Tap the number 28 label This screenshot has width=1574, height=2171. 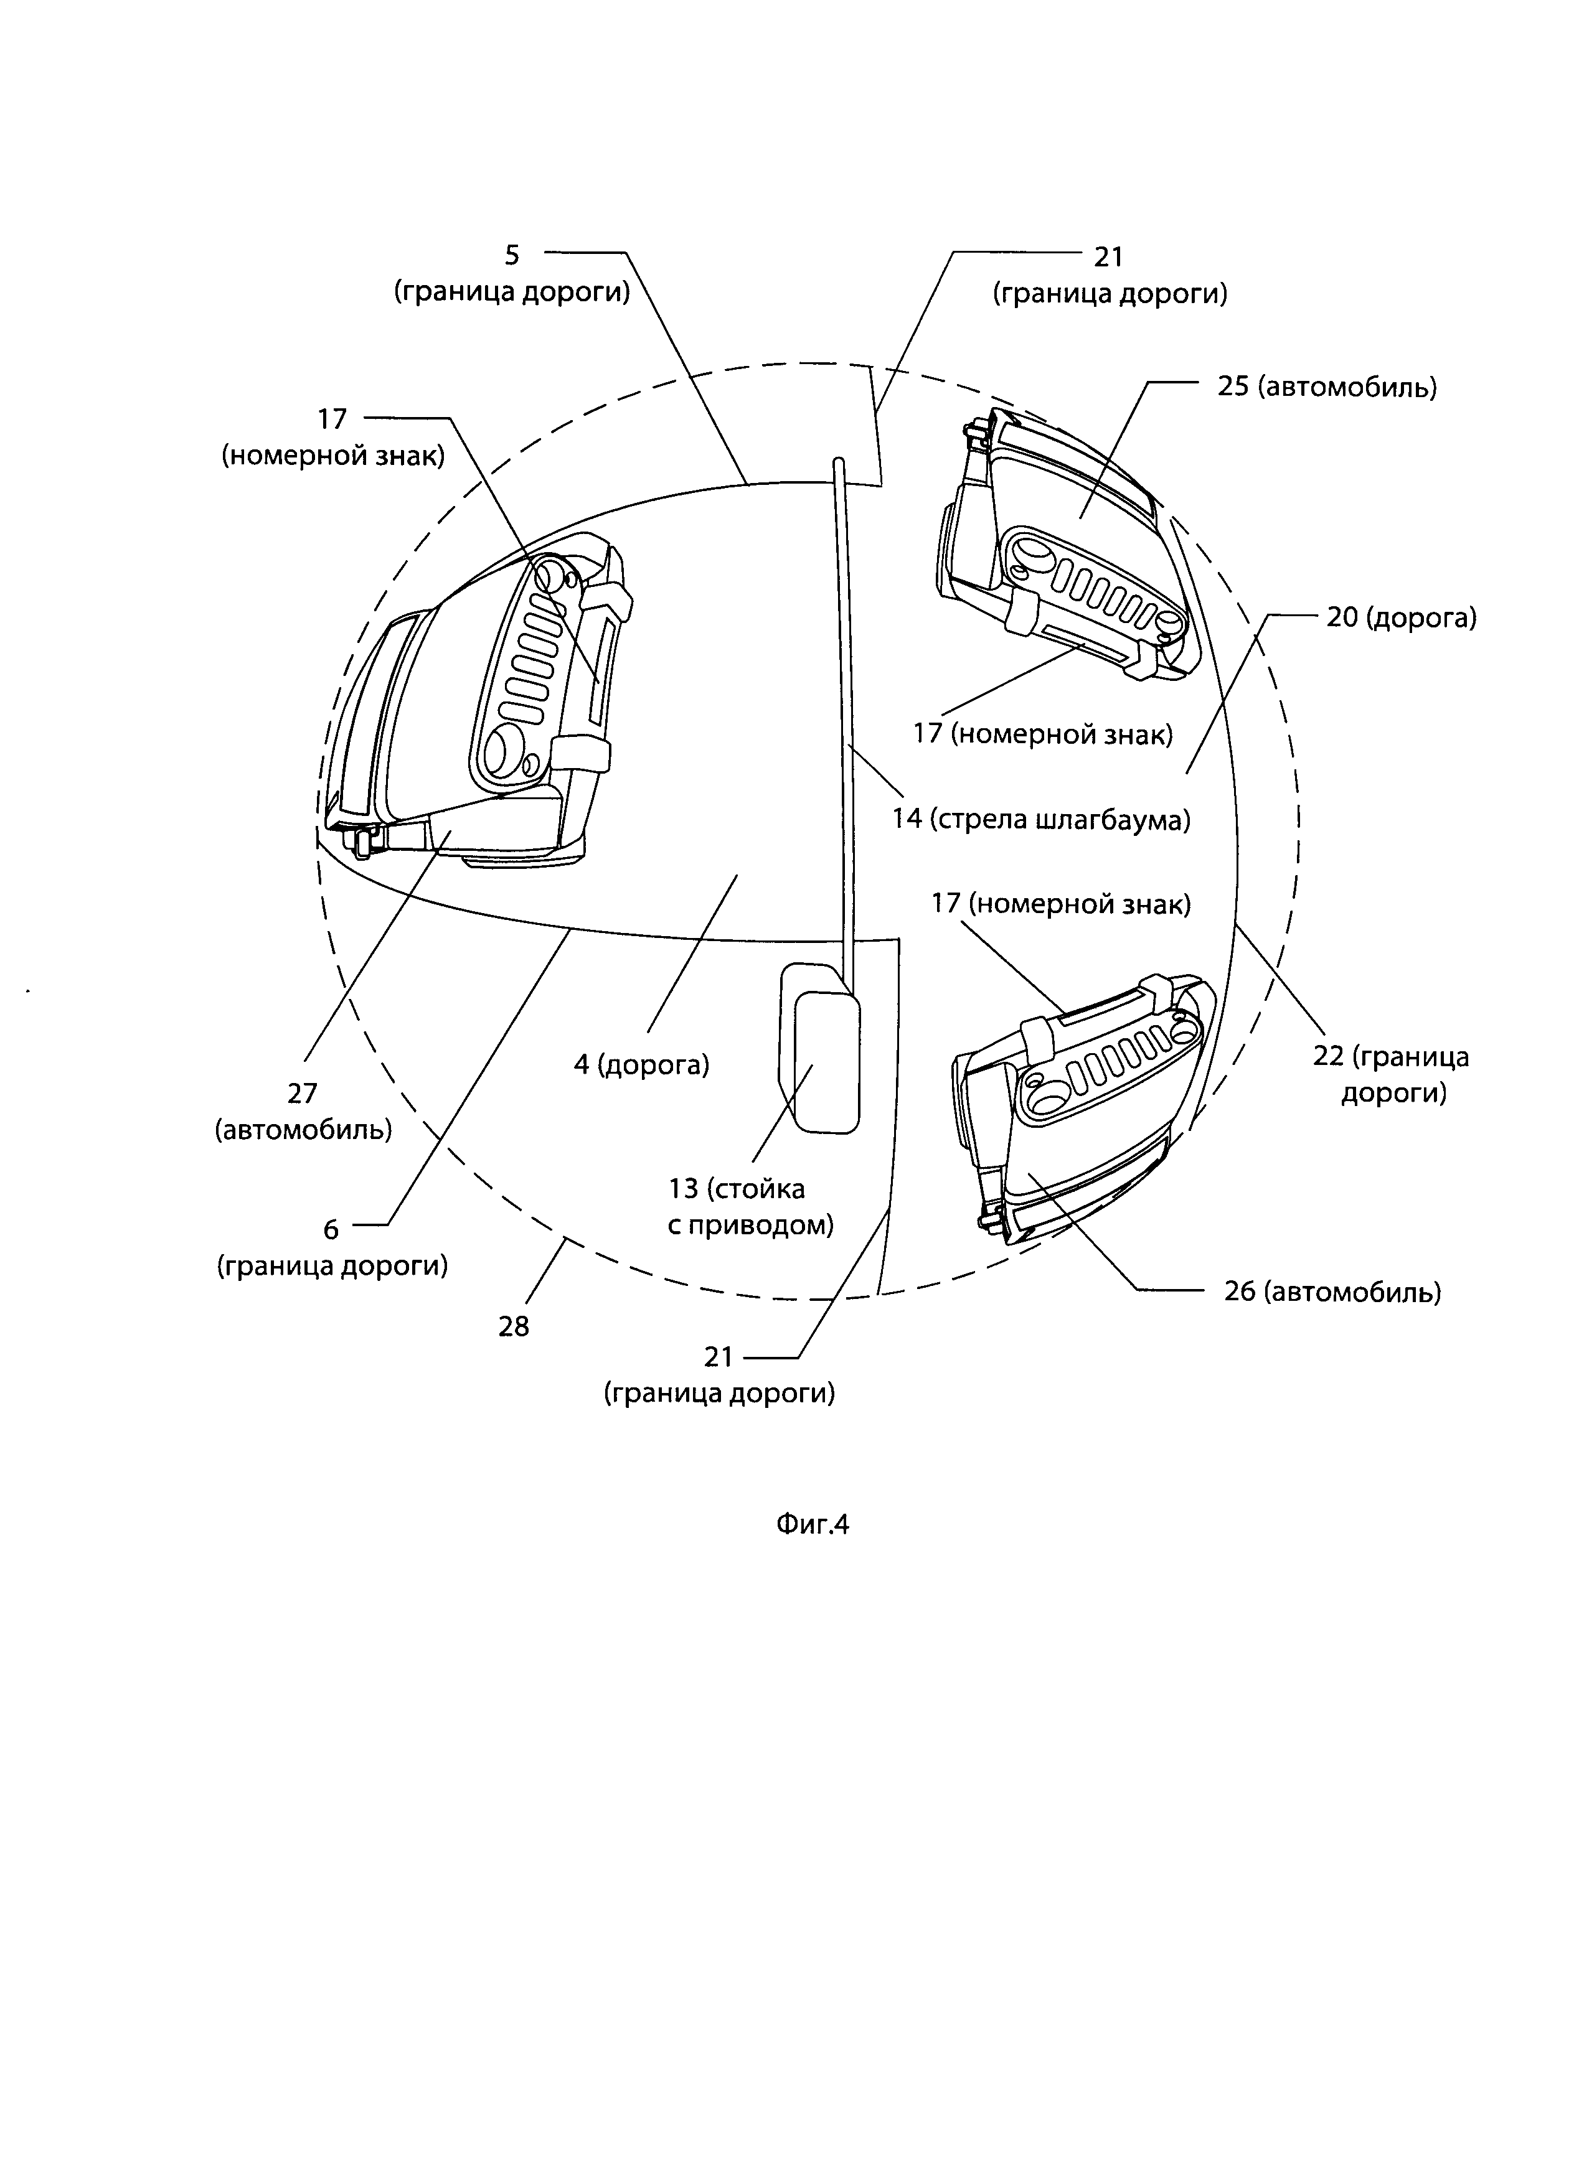tap(514, 1327)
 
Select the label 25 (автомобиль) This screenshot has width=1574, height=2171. tap(1327, 388)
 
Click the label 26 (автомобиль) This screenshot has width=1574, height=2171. tap(1332, 1292)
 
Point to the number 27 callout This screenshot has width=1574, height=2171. tap(303, 1093)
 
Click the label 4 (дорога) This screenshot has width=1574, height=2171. tap(641, 1064)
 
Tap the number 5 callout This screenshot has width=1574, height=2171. tap(512, 256)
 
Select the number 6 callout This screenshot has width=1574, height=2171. tap(331, 1230)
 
